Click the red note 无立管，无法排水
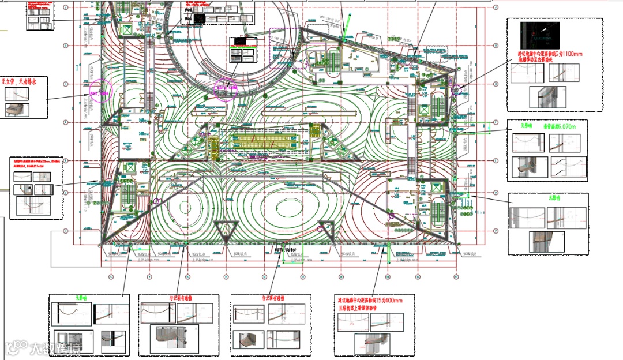(19, 82)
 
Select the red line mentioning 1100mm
(550, 54)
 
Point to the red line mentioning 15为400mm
(370, 301)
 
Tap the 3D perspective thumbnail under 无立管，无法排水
(17, 109)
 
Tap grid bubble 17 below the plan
(456, 277)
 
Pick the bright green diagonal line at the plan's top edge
(346, 26)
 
